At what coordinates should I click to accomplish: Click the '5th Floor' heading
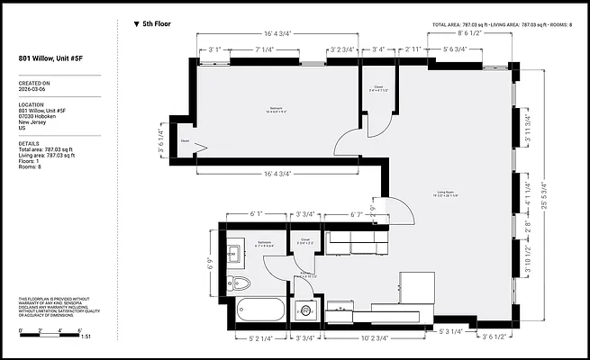pyautogui.click(x=157, y=23)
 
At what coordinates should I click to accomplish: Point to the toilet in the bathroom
pyautogui.click(x=239, y=283)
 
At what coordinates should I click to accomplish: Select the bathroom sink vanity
pyautogui.click(x=234, y=253)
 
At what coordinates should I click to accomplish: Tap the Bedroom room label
pyautogui.click(x=276, y=109)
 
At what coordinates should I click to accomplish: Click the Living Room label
pyautogui.click(x=444, y=192)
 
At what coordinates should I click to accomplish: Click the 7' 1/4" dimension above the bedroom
pyautogui.click(x=265, y=49)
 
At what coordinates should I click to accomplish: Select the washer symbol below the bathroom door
pyautogui.click(x=305, y=310)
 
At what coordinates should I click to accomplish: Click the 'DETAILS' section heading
pyautogui.click(x=29, y=142)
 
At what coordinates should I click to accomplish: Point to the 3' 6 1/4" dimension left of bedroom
pyautogui.click(x=162, y=141)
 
